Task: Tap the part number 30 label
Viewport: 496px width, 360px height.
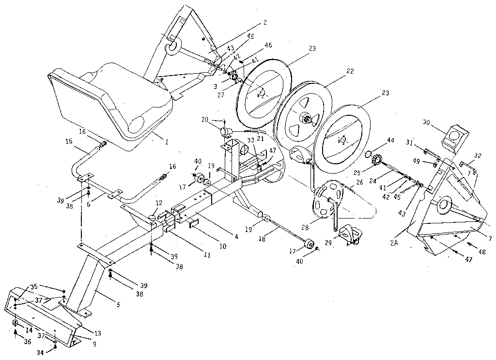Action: point(427,123)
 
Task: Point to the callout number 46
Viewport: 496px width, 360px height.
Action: point(269,45)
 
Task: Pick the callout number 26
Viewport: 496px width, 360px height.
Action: point(359,183)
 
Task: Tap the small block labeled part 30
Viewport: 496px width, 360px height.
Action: point(455,135)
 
